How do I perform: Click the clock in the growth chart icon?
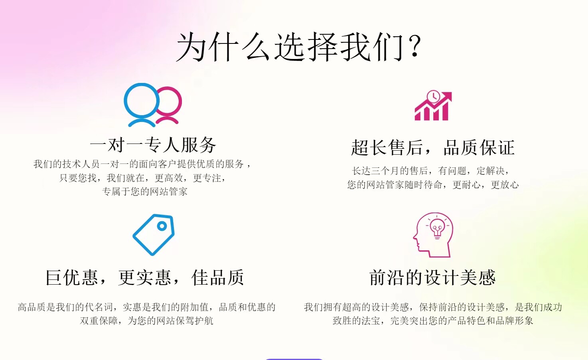(434, 96)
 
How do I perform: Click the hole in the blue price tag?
(162, 226)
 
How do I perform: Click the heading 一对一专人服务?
(153, 145)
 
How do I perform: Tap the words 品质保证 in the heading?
(479, 148)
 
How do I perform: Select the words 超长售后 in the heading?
(387, 148)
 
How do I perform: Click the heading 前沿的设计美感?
(432, 277)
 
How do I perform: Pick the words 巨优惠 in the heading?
(72, 277)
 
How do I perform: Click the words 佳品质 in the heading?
(218, 277)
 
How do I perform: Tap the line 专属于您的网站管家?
(145, 191)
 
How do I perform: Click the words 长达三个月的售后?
(390, 171)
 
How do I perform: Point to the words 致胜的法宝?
(357, 321)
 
